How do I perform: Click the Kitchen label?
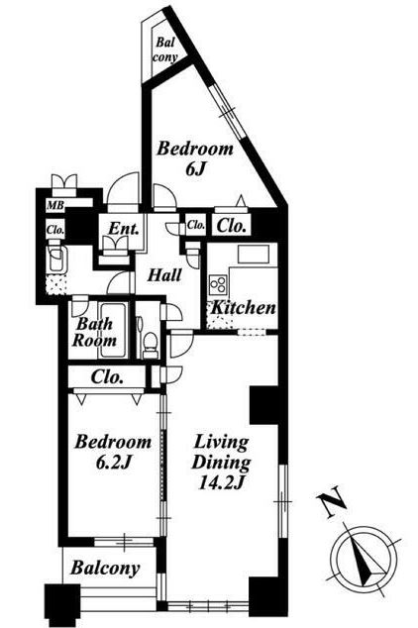tap(243, 308)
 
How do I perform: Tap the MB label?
tap(55, 206)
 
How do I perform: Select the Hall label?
tap(164, 275)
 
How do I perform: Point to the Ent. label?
tap(124, 229)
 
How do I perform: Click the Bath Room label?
tap(94, 332)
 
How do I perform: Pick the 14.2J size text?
tap(221, 483)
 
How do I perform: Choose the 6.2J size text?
tap(114, 463)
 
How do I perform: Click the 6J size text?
tap(195, 169)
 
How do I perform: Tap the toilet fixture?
tap(151, 345)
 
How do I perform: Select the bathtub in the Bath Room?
tap(113, 330)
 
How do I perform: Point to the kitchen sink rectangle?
tap(254, 255)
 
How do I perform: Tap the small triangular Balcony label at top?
tap(164, 50)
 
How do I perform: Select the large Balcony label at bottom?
tap(105, 568)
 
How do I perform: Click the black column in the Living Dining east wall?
tap(263, 404)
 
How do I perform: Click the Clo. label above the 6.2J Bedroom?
tap(107, 376)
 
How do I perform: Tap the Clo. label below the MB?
tap(55, 230)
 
